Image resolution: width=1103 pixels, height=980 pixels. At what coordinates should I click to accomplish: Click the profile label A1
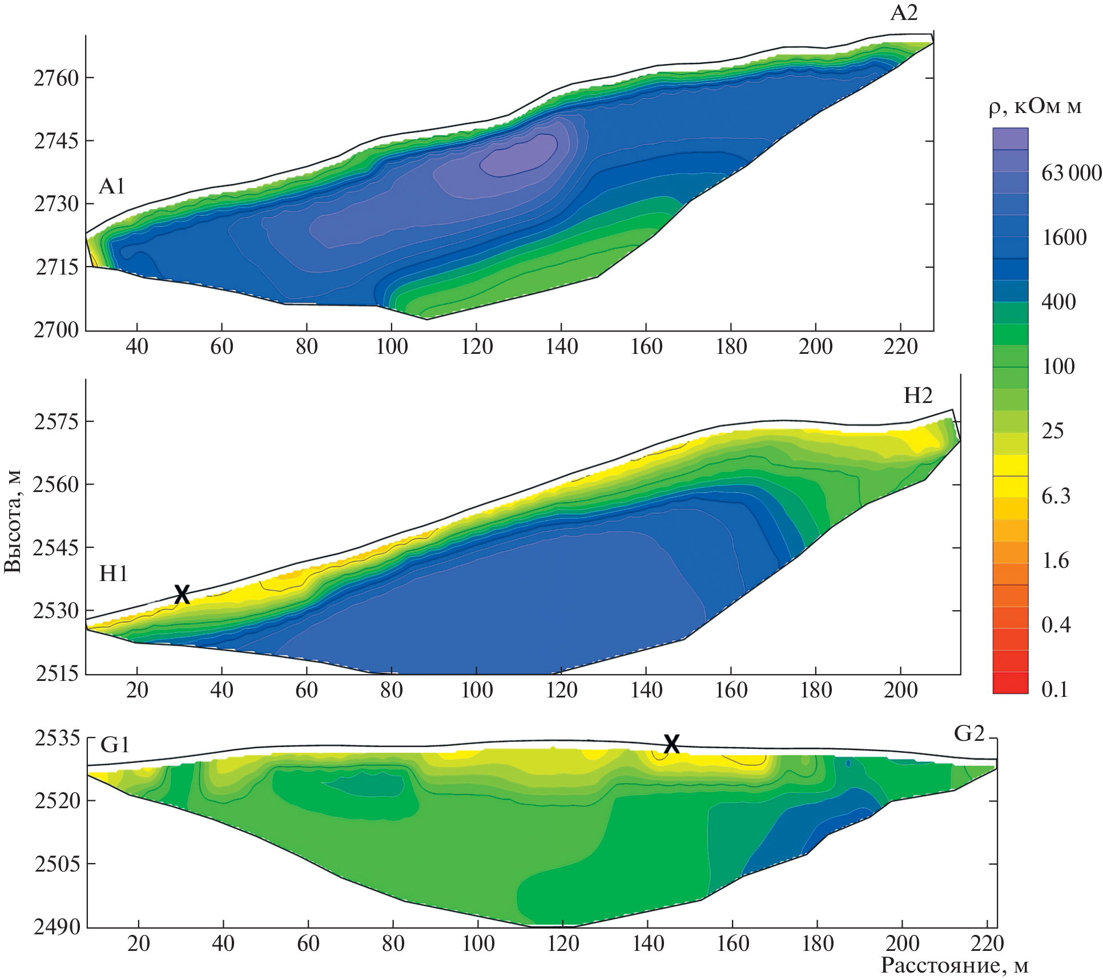pos(111,186)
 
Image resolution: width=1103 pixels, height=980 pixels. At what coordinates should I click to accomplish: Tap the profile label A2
pos(904,13)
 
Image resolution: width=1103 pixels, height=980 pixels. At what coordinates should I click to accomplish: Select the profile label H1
pos(113,573)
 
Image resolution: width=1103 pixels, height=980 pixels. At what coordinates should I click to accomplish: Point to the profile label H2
pos(918,395)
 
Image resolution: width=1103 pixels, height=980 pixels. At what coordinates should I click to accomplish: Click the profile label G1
pos(115,744)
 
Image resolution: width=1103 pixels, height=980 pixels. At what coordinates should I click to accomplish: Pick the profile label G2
pos(969,733)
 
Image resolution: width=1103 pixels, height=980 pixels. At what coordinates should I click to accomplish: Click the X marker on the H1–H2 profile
pos(182,594)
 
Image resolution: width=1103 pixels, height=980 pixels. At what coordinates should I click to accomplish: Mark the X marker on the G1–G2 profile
pos(671,744)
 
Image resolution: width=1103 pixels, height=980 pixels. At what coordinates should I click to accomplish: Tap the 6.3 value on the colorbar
pos(1056,495)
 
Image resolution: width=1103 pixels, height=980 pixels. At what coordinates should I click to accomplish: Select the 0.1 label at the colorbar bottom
pos(1054,689)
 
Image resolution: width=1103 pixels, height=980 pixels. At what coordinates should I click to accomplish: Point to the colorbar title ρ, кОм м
pos(1035,107)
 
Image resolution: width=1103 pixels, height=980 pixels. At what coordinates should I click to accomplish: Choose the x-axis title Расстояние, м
pos(954,965)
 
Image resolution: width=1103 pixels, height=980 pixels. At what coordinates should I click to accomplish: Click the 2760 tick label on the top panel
pos(56,78)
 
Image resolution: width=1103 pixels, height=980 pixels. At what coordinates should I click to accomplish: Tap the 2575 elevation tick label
pos(56,421)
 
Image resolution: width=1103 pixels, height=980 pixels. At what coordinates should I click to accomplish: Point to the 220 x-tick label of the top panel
pos(900,346)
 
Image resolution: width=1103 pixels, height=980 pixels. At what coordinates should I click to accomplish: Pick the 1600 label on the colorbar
pos(1064,237)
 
